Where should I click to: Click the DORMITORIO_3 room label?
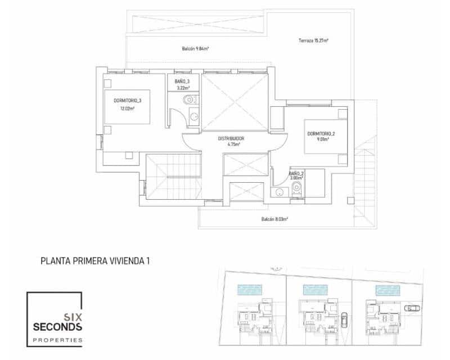click(127, 101)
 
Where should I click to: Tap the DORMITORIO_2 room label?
click(321, 134)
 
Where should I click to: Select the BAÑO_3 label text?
click(182, 82)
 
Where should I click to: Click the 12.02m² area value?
click(127, 108)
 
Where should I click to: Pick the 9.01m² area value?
click(321, 141)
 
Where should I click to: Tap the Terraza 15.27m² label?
click(313, 40)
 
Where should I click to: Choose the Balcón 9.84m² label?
click(195, 48)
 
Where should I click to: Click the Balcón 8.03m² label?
click(274, 219)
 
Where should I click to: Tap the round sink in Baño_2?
click(278, 192)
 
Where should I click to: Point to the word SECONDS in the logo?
click(57, 327)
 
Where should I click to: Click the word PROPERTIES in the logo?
click(57, 340)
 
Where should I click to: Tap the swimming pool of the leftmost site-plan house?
click(250, 290)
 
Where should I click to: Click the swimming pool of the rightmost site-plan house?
click(388, 290)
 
